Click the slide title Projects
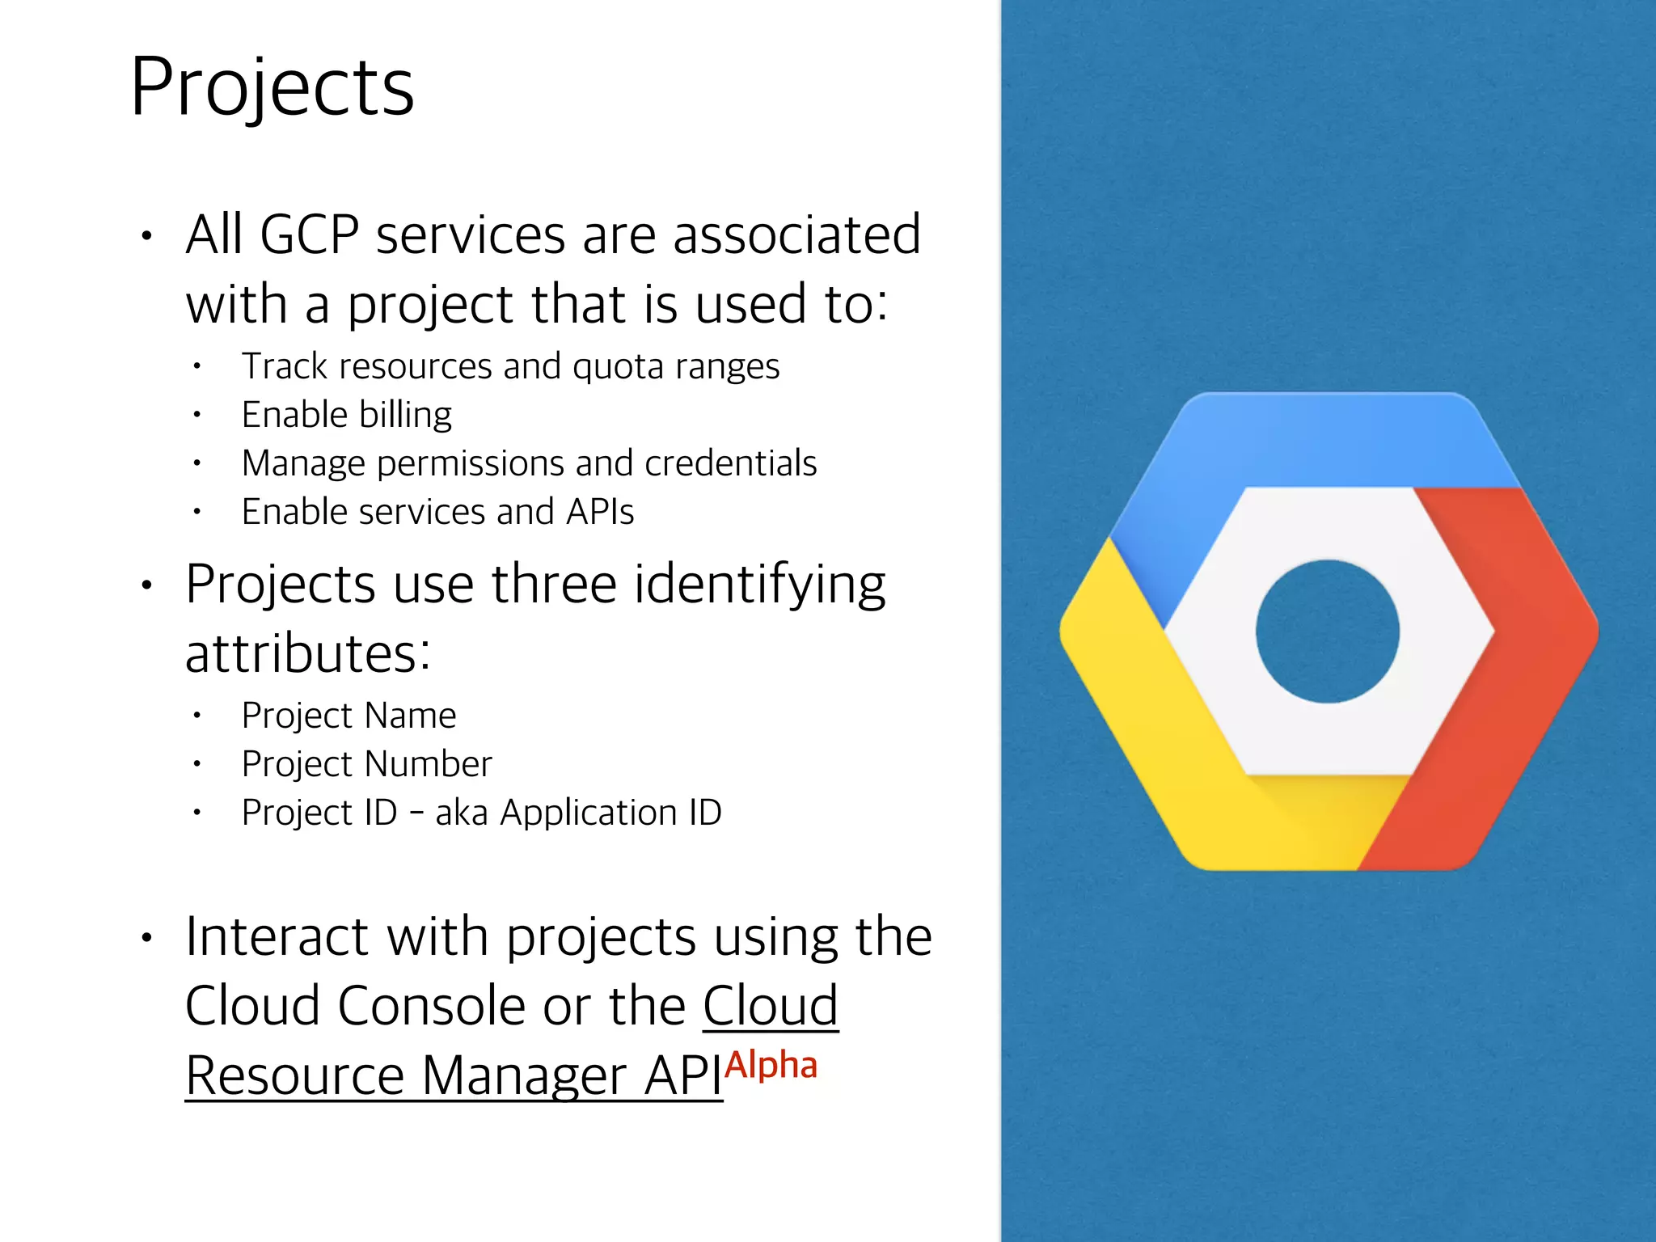coord(272,87)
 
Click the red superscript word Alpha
coord(771,1066)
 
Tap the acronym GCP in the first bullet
coord(309,235)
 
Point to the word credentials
coord(730,463)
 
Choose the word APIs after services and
coord(599,512)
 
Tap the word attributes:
coord(307,653)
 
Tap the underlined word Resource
coord(294,1075)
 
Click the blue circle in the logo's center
coord(1327,632)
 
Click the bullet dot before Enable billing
coord(196,415)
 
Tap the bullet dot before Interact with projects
coord(146,938)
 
